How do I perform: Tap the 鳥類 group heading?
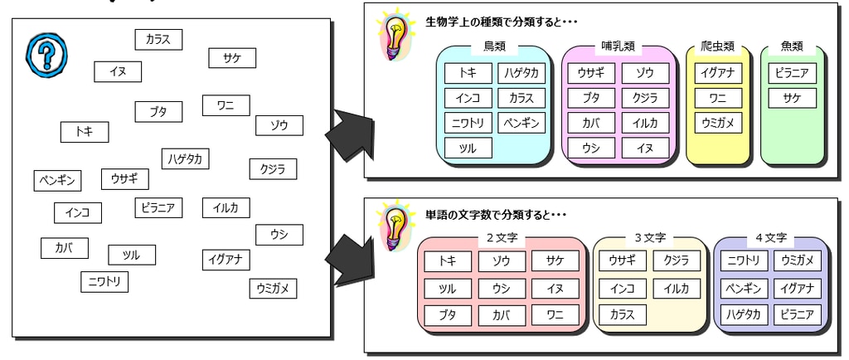494,46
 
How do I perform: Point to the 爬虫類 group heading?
719,46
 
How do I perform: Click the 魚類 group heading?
793,46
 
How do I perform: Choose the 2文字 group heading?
501,239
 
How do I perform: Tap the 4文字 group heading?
771,239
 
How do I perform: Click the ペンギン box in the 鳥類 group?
522,124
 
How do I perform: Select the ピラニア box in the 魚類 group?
793,73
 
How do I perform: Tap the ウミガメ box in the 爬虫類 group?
719,124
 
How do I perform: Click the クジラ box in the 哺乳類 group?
645,99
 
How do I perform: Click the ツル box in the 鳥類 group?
468,148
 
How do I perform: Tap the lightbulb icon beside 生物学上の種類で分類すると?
391,35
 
